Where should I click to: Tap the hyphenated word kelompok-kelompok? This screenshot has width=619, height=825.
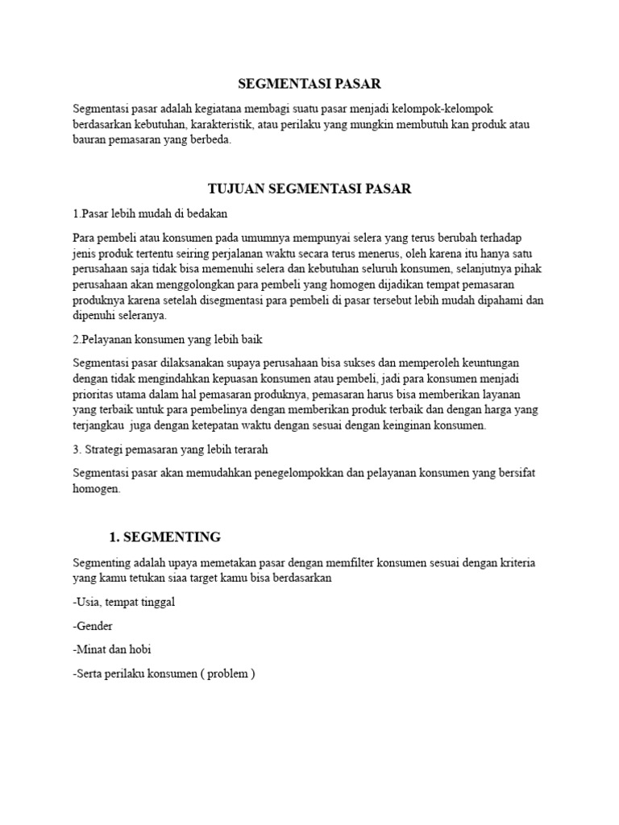click(480, 109)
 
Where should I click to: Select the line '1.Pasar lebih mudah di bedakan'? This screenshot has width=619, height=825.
click(150, 214)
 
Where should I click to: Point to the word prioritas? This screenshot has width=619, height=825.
click(93, 395)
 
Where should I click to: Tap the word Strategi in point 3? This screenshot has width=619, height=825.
click(106, 449)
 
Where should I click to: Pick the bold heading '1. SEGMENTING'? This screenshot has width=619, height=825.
click(164, 537)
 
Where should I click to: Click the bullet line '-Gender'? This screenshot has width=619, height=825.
click(93, 626)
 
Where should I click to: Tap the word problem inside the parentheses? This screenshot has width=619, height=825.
click(228, 674)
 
